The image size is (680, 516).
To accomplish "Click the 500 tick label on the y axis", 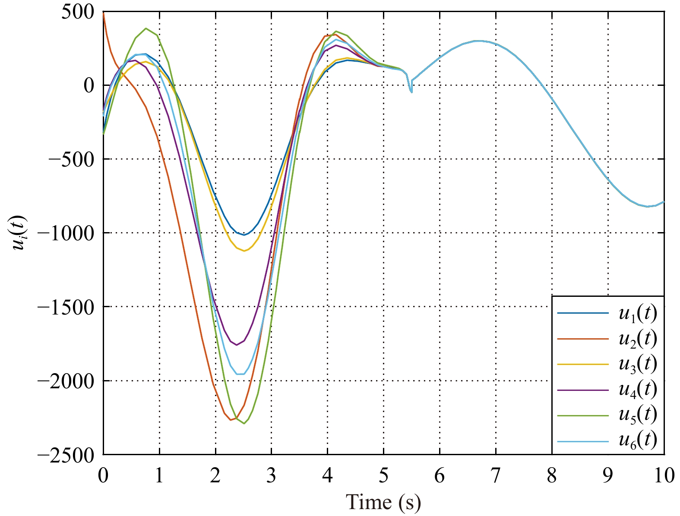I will [77, 12].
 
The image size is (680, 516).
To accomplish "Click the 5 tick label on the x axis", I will [383, 475].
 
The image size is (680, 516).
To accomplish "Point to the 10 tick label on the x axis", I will [664, 475].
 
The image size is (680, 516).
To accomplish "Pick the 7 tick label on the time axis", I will [496, 475].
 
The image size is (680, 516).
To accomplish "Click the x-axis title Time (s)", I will [383, 501].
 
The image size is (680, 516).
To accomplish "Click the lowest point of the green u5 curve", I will [244, 423].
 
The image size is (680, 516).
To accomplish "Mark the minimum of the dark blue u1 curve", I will [244, 235].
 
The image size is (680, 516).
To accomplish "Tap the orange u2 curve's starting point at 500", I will [104, 13].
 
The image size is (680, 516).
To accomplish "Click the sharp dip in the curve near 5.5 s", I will [411, 92].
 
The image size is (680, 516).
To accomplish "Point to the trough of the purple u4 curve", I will [236, 345].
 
